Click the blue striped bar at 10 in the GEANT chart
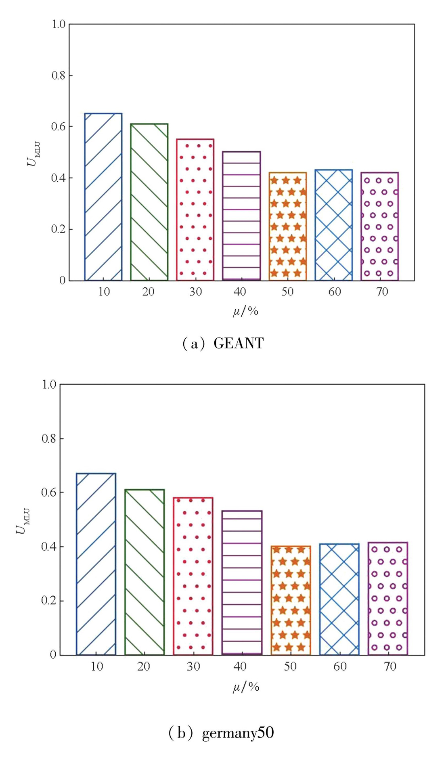point(103,197)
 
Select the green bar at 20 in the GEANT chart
point(149,202)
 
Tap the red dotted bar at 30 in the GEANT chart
point(195,210)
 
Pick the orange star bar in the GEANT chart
point(288,226)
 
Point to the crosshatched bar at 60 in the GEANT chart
point(333,225)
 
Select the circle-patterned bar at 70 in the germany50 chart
point(388,598)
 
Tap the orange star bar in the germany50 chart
point(291,600)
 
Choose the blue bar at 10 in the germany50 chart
point(96,564)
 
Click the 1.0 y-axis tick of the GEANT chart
point(59,24)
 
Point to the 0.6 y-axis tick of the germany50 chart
point(48,492)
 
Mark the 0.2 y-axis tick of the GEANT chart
point(59,229)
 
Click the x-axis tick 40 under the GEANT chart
point(240,291)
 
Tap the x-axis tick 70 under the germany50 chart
point(390,666)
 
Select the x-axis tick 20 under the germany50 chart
point(143,666)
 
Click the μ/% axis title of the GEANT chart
point(245,311)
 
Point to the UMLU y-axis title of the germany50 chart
point(23,521)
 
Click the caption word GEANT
point(238,344)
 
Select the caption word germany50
point(238,733)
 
